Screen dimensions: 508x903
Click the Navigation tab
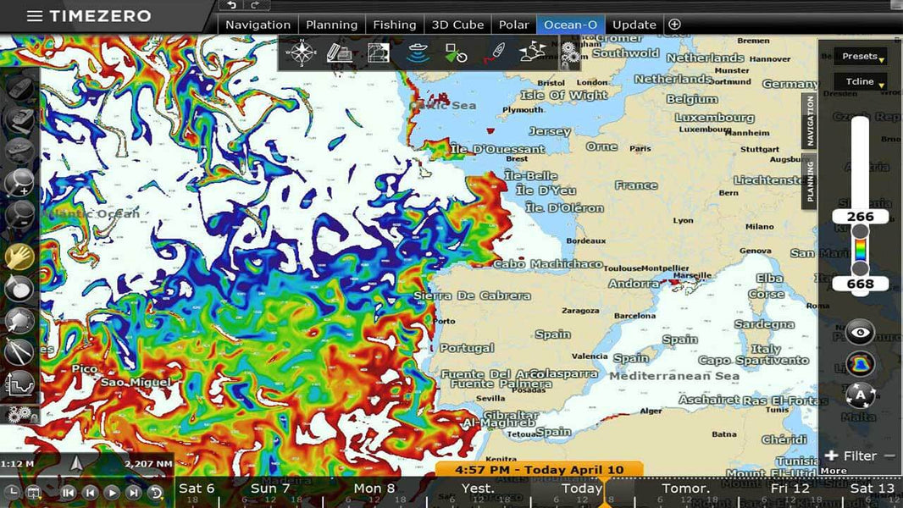pyautogui.click(x=258, y=25)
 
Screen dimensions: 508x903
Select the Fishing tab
pyautogui.click(x=394, y=25)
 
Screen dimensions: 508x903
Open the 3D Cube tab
pyautogui.click(x=457, y=25)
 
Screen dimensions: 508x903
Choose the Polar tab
pyautogui.click(x=513, y=25)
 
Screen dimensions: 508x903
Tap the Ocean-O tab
pyautogui.click(x=569, y=25)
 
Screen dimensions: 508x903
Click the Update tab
pyautogui.click(x=634, y=25)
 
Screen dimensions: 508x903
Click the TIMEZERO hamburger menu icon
pyautogui.click(x=35, y=16)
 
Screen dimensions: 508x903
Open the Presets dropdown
pyautogui.click(x=861, y=57)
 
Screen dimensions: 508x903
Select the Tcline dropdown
pyautogui.click(x=861, y=82)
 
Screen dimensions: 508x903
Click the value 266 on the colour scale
pyautogui.click(x=860, y=217)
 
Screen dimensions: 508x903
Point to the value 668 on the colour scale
pyautogui.click(x=860, y=284)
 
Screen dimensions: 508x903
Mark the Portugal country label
pyautogui.click(x=467, y=348)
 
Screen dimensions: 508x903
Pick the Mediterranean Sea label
pyautogui.click(x=674, y=376)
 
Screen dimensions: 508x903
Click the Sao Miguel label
pyautogui.click(x=136, y=383)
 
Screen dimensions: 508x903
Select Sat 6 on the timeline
pyautogui.click(x=197, y=489)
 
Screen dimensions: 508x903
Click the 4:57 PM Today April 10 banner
pyautogui.click(x=539, y=469)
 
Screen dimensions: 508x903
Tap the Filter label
pyautogui.click(x=860, y=456)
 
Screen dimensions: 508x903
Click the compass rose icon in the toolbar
pyautogui.click(x=301, y=52)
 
